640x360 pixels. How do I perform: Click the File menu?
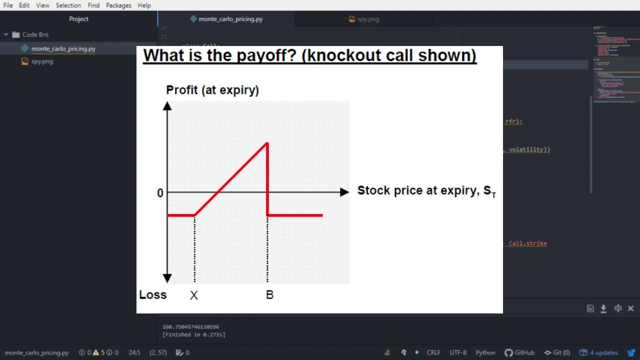point(8,5)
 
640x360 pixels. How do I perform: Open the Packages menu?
point(118,5)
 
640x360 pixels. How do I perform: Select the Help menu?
point(144,5)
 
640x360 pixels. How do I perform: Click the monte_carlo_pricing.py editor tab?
point(230,19)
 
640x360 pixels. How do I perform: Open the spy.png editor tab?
point(368,19)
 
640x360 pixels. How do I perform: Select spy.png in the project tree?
point(42,61)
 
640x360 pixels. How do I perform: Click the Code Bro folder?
point(35,34)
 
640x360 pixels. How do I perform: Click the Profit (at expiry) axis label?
point(212,90)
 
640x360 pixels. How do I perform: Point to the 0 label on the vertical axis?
point(160,193)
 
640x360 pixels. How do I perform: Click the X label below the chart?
point(194,295)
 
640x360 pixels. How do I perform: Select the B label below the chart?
point(269,295)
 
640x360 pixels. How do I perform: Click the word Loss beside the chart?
point(152,295)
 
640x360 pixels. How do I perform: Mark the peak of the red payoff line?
point(267,144)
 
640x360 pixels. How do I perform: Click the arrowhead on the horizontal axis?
point(344,192)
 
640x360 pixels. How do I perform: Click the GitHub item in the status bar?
point(519,352)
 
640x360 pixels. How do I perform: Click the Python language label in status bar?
point(485,352)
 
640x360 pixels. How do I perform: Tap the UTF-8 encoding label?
point(458,352)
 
